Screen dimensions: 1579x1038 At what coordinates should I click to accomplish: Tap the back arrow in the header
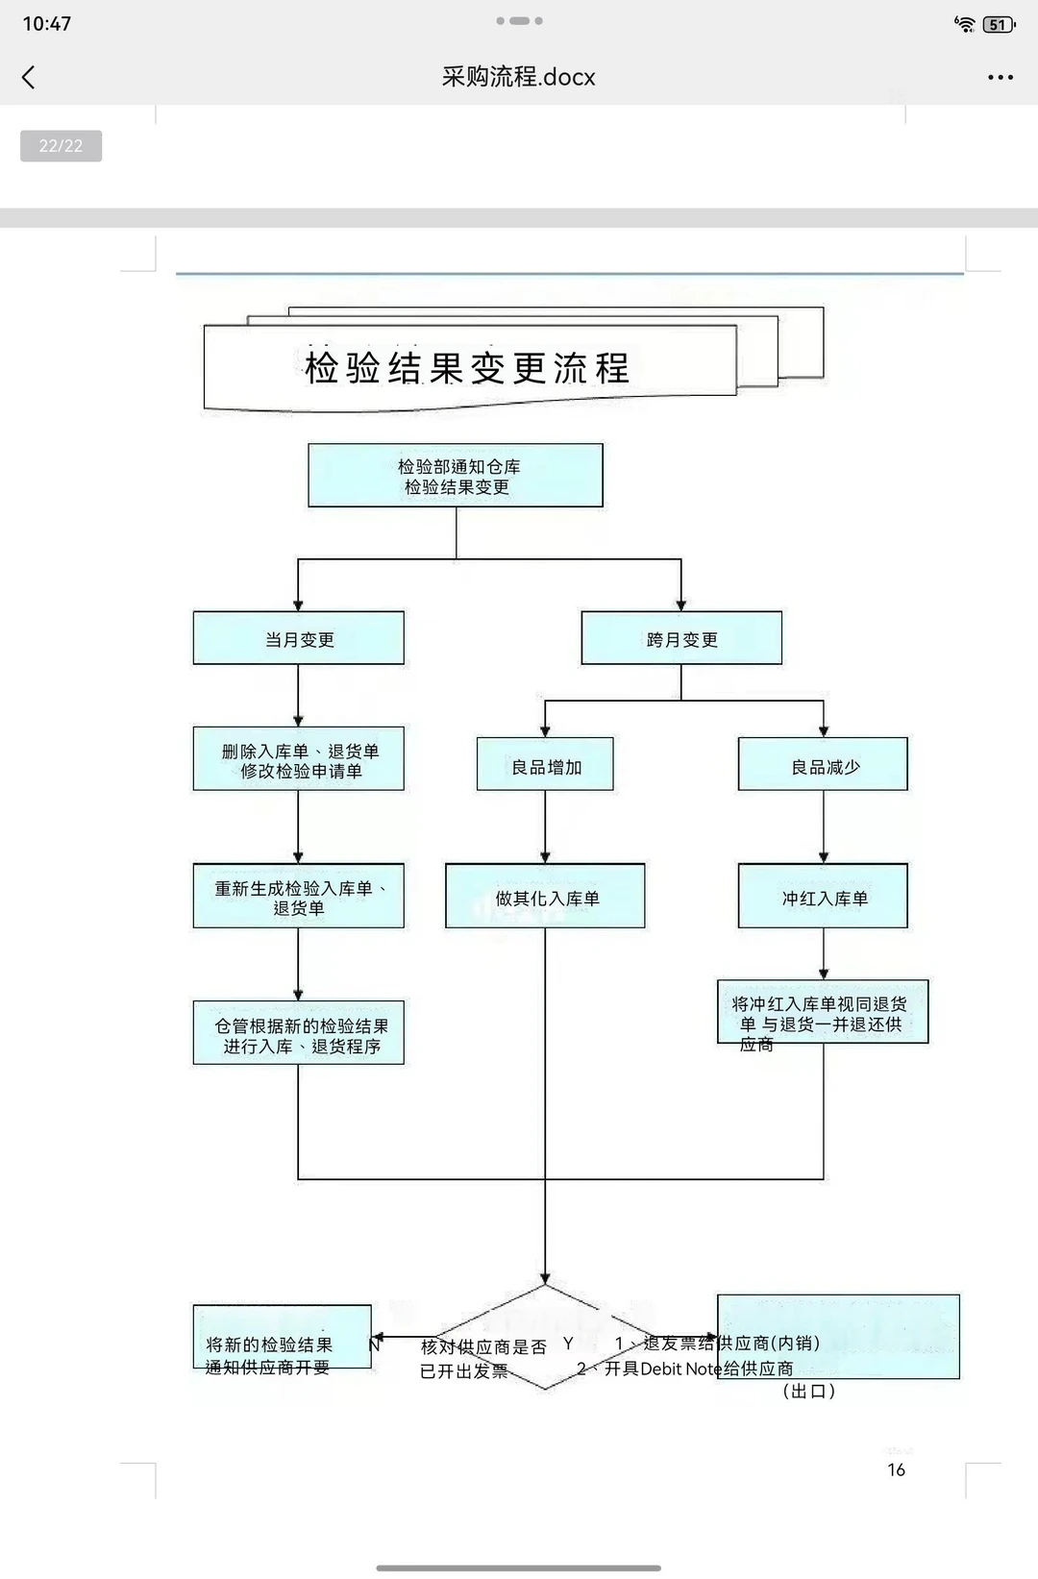coord(29,77)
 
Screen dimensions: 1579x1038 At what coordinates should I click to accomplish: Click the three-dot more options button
coord(1000,77)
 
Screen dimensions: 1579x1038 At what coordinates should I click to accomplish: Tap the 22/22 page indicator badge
coord(61,146)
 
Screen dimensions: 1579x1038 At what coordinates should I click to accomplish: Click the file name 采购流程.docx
coord(518,77)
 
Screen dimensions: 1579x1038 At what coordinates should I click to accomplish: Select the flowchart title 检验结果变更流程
coord(467,368)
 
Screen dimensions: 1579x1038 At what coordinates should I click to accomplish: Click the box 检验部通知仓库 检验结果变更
coord(456,476)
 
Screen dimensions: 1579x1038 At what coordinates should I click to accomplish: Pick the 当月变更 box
coord(298,638)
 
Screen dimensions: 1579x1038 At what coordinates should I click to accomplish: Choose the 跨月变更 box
coord(681,638)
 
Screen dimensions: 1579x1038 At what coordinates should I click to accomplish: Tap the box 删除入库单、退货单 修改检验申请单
coord(298,759)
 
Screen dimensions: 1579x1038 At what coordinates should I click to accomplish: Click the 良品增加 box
coord(545,765)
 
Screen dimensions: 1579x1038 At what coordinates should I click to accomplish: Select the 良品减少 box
coord(823,765)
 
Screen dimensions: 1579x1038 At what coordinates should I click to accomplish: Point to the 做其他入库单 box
coord(545,897)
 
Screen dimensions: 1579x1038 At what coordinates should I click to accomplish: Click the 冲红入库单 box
coord(823,897)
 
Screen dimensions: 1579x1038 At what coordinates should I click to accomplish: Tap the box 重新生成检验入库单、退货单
coord(298,897)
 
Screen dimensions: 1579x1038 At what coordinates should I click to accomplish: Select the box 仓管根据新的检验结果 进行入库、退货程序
coord(298,1034)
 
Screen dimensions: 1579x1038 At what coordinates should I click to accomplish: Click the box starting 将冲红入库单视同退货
coord(823,1014)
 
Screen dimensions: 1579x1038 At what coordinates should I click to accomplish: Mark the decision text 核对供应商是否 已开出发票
coord(482,1358)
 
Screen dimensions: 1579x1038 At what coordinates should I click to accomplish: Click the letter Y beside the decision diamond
coord(568,1344)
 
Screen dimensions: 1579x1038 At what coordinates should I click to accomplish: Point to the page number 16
coord(896,1469)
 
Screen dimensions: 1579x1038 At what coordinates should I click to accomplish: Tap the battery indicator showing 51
coord(999,25)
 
